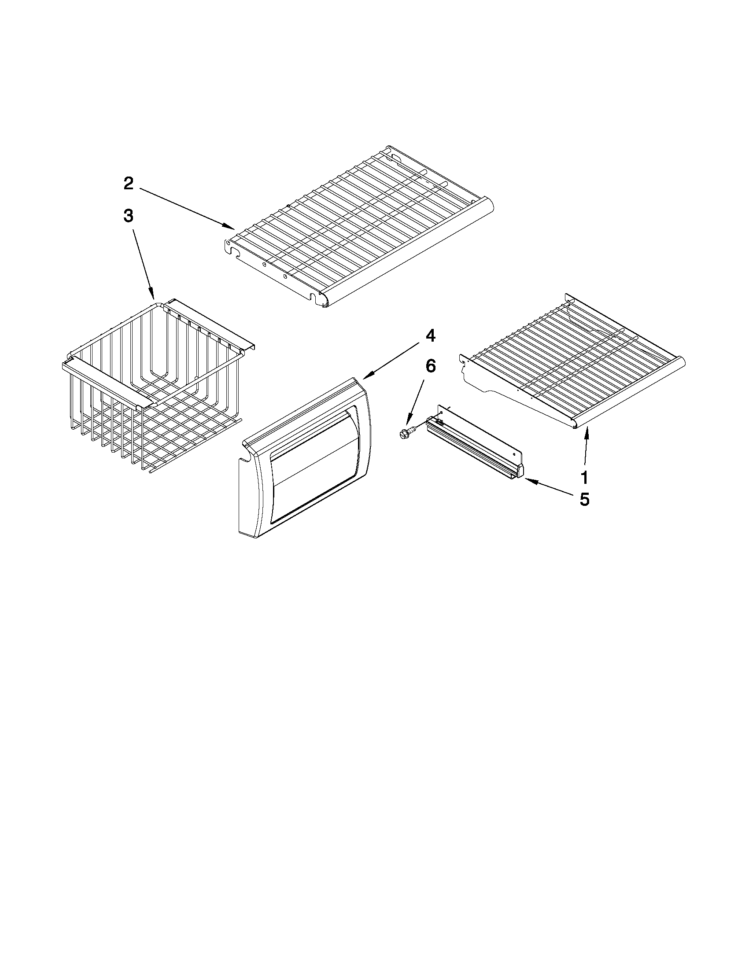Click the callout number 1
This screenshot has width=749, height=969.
[584, 477]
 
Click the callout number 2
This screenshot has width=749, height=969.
[128, 183]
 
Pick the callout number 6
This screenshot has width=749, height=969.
[430, 366]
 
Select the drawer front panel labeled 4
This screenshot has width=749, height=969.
[306, 457]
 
